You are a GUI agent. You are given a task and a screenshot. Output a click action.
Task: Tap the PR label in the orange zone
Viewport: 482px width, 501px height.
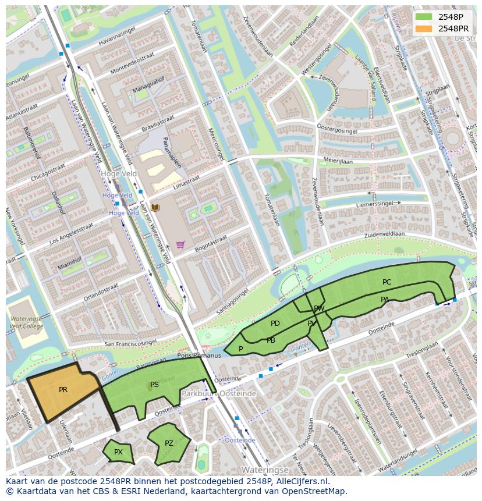tap(63, 390)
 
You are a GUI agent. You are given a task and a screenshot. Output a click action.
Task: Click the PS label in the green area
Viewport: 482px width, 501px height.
tap(154, 384)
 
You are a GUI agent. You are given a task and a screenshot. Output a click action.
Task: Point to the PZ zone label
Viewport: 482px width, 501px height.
tap(169, 443)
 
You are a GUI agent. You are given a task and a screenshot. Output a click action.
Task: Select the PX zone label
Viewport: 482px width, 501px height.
tap(118, 452)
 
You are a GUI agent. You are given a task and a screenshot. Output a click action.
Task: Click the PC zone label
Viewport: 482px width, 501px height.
tap(387, 282)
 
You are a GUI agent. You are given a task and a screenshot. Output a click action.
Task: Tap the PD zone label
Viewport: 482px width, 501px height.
tap(275, 324)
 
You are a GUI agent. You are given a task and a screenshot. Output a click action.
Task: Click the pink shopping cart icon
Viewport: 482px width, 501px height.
tap(180, 244)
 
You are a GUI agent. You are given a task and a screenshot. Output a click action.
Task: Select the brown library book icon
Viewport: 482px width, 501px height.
tap(155, 207)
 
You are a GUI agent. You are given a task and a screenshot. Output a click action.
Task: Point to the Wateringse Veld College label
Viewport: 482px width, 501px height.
tap(26, 322)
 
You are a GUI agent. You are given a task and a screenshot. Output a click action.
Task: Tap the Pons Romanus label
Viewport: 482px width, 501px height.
tap(199, 356)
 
